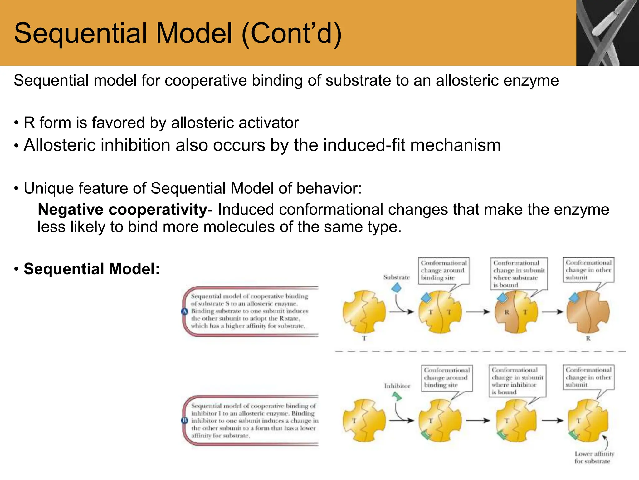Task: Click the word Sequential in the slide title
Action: point(78,34)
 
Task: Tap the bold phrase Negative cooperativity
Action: point(122,210)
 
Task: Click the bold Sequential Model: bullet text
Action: point(92,269)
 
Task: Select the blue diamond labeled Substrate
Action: point(396,287)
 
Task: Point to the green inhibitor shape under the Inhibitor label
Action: point(397,397)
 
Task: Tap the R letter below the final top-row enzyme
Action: point(588,338)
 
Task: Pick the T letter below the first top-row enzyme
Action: point(364,338)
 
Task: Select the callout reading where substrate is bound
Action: point(519,274)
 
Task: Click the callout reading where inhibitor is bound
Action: point(517,381)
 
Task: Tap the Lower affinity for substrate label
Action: point(594,457)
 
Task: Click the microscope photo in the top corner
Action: point(607,32)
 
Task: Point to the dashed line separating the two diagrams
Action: point(480,351)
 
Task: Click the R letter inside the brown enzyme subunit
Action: point(507,312)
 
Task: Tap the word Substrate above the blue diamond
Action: point(396,277)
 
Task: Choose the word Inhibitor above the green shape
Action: point(397,386)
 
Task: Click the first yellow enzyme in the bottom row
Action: point(364,420)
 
